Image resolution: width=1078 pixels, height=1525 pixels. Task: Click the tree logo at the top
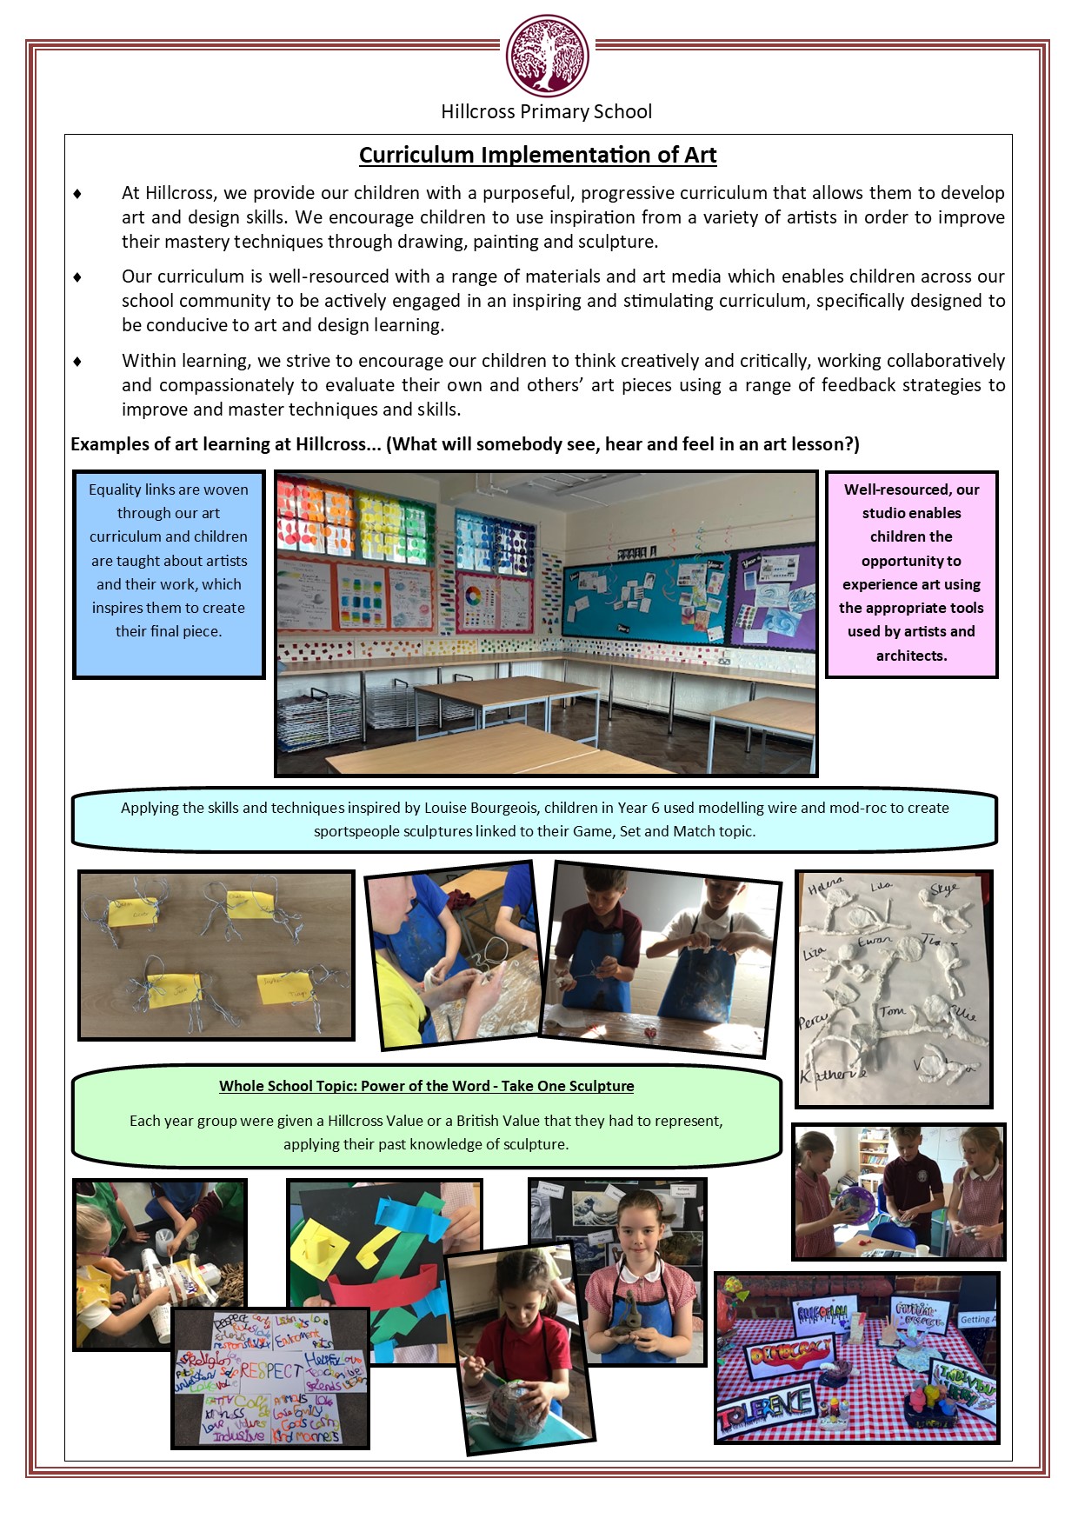(547, 57)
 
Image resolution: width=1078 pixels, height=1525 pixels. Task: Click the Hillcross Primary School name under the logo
(546, 111)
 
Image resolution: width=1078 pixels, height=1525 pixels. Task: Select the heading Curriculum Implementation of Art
(537, 155)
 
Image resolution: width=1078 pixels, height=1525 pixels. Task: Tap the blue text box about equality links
(169, 574)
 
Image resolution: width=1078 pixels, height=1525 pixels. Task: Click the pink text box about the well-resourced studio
(911, 574)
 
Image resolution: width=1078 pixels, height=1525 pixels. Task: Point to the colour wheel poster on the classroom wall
(473, 597)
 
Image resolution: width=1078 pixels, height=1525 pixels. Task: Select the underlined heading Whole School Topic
(426, 1086)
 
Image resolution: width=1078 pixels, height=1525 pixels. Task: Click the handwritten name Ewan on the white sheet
(875, 942)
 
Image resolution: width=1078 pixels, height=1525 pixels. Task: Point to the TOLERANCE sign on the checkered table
(766, 1402)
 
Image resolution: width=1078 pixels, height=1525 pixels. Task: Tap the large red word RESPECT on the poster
(270, 1371)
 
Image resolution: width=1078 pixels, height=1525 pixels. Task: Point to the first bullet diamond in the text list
(77, 193)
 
